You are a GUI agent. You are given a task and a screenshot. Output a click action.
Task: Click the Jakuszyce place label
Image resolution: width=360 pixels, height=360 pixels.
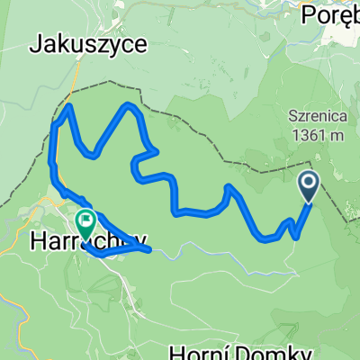tap(89, 44)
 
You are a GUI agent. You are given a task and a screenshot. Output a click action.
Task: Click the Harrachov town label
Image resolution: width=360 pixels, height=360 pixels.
tap(88, 240)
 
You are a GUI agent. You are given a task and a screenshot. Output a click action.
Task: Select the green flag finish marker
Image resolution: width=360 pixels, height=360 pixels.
tap(86, 220)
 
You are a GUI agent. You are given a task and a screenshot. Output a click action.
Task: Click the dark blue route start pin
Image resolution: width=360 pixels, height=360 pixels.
tap(308, 186)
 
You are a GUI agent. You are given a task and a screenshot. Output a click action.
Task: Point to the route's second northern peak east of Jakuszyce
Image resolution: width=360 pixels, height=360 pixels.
tap(130, 106)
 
